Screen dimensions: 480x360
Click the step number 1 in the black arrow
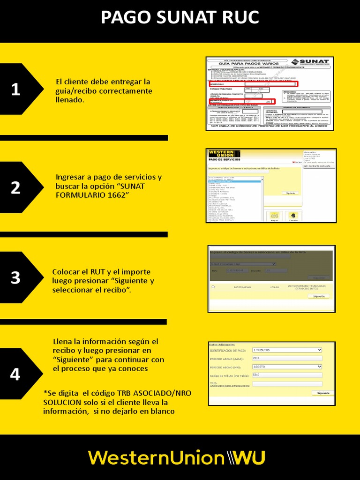tap(15, 90)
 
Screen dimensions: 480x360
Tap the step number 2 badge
tap(15, 188)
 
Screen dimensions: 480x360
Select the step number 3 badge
tap(15, 277)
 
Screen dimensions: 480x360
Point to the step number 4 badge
tap(15, 375)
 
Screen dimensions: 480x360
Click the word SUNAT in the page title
tap(180, 17)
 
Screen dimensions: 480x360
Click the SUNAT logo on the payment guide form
tap(310, 62)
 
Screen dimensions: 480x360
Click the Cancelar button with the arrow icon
tap(293, 216)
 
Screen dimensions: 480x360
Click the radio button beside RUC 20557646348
tap(213, 287)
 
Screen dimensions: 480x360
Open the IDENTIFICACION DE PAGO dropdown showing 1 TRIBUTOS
tap(287, 350)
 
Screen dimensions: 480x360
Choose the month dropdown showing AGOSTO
tap(287, 367)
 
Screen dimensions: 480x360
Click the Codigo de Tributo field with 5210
tap(287, 375)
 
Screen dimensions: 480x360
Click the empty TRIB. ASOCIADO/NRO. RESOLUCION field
tap(287, 384)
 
